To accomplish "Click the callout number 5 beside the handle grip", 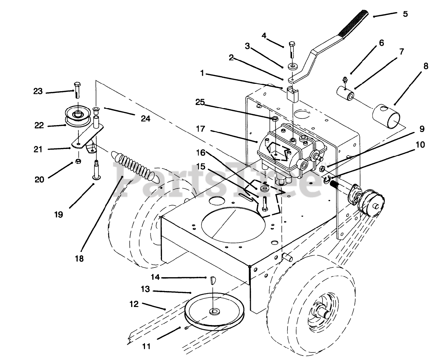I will pyautogui.click(x=405, y=14).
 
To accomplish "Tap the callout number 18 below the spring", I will pyautogui.click(x=79, y=258).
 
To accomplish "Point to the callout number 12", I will pyautogui.click(x=134, y=304).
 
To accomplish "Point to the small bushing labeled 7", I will pyautogui.click(x=345, y=94).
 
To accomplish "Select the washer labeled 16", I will pyautogui.click(x=265, y=189).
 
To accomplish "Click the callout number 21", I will pyautogui.click(x=38, y=149).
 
